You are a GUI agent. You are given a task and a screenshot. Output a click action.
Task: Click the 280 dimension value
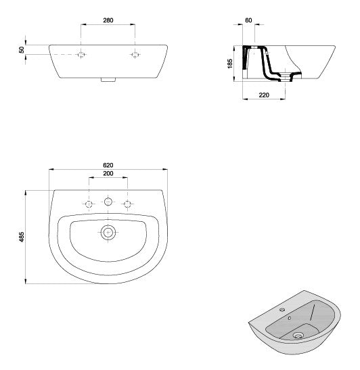coord(108,20)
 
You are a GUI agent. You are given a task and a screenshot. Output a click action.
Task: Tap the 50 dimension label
coord(22,50)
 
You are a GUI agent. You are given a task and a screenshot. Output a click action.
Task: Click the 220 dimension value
coord(264,95)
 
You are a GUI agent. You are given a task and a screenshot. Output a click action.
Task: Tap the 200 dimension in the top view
coord(108,175)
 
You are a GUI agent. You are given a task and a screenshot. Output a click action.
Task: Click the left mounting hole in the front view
coord(81,53)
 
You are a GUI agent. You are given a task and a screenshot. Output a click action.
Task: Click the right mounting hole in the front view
coord(135,53)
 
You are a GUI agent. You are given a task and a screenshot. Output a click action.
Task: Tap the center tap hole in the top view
coord(108,202)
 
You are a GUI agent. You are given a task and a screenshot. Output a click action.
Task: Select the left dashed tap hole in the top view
coord(89,203)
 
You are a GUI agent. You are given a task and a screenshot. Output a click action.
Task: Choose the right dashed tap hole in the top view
coord(127,203)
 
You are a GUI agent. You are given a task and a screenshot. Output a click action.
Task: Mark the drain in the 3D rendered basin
coord(298,333)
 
